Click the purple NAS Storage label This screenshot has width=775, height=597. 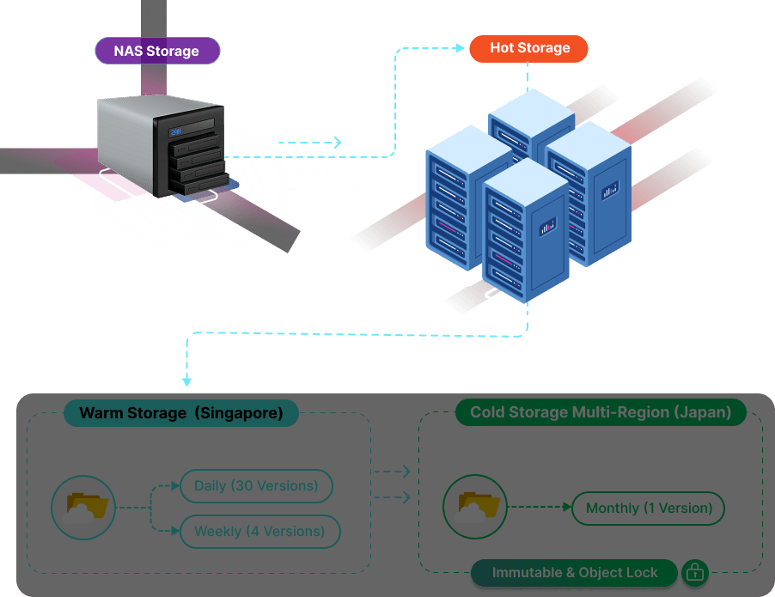pos(156,51)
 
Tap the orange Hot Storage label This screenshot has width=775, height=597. pos(528,48)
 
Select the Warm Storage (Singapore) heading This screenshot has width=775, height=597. pos(180,413)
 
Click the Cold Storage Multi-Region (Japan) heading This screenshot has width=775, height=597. pos(601,412)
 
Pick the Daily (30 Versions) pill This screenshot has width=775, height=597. pos(256,486)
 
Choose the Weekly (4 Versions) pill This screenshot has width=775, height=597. pos(259,532)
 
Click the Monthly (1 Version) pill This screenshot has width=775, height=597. pos(649,509)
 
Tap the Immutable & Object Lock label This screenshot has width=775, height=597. pos(574,572)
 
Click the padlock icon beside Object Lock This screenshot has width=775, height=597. pos(694,572)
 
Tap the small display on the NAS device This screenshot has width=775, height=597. pos(177,132)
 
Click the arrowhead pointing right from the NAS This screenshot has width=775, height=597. pos(337,143)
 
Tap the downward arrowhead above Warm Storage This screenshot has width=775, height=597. pos(186,381)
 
